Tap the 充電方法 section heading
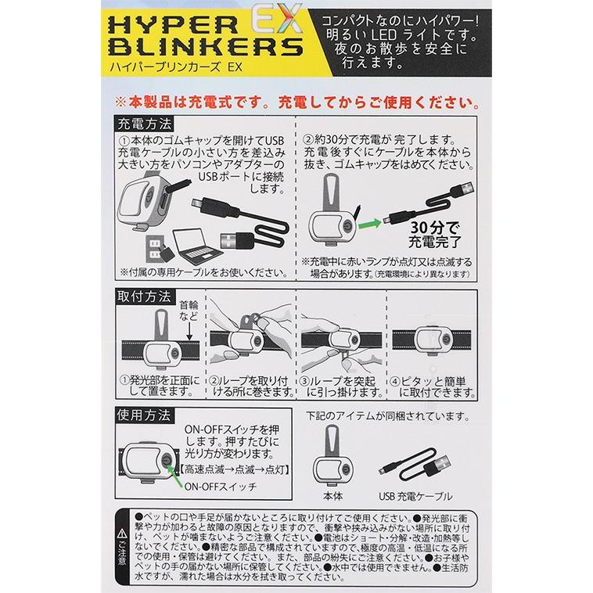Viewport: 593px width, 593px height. [145, 124]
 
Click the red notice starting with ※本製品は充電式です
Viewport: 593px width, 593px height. [296, 102]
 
